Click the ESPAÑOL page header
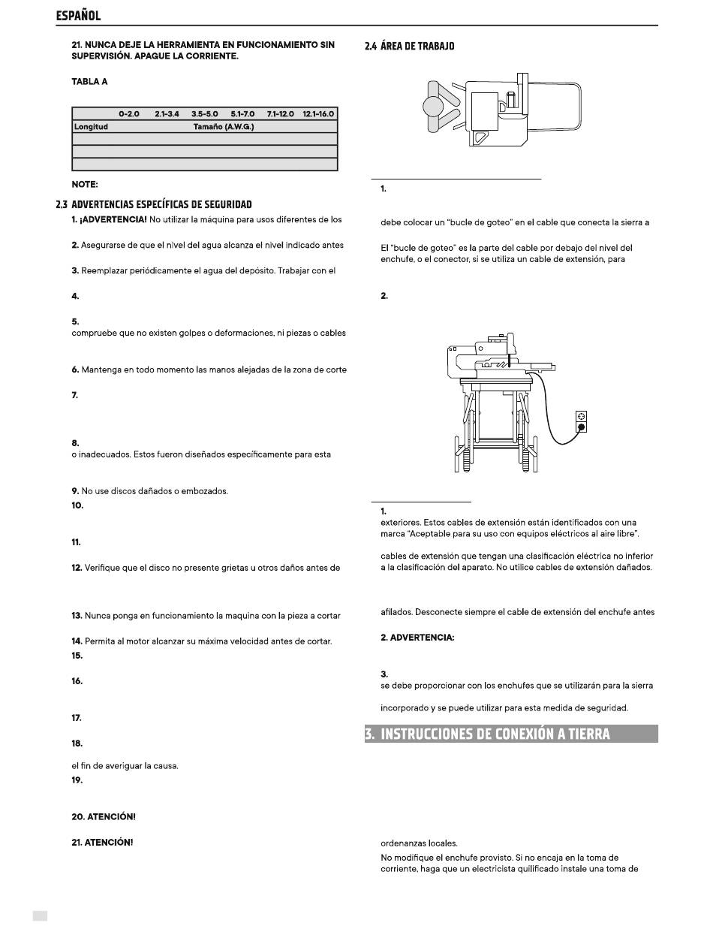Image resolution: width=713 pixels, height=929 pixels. [x=78, y=16]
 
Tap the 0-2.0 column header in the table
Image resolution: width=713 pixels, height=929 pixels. [x=129, y=114]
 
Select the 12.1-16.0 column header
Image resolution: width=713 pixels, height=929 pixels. [x=318, y=114]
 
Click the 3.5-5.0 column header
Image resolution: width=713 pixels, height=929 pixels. [x=205, y=114]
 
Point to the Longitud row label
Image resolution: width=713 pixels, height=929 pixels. [x=91, y=127]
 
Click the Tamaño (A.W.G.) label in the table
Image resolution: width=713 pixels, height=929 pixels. [x=224, y=127]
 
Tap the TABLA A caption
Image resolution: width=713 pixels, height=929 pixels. [x=89, y=82]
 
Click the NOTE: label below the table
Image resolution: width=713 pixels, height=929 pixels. [x=85, y=185]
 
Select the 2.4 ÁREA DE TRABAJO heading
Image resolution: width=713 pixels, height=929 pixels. [x=410, y=46]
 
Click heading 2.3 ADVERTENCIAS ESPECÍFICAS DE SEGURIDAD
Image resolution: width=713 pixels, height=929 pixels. [x=154, y=204]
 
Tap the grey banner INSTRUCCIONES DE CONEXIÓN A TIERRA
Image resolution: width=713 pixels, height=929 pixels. [x=511, y=734]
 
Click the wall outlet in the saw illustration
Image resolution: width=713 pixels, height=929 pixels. [x=581, y=421]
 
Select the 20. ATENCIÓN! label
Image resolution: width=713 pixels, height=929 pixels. [x=104, y=816]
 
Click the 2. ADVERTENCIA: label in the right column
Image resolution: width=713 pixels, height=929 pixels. [x=417, y=638]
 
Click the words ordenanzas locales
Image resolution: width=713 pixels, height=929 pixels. [x=419, y=843]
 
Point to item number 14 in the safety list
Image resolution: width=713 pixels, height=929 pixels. [x=77, y=641]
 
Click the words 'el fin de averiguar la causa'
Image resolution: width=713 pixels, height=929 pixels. [x=125, y=766]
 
